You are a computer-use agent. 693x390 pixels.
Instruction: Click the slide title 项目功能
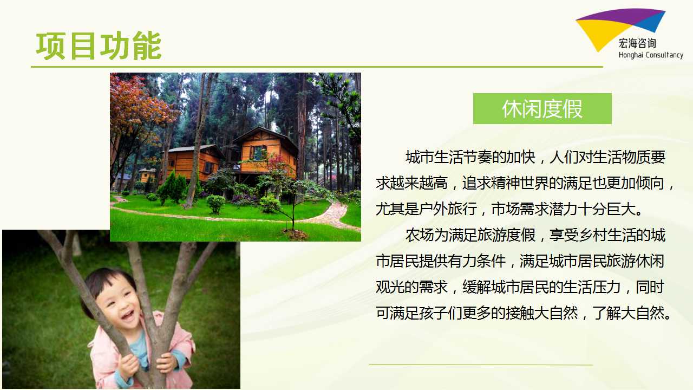[x=99, y=46]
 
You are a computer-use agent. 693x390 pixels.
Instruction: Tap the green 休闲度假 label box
[x=542, y=109]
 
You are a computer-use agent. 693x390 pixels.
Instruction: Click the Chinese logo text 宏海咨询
[x=637, y=43]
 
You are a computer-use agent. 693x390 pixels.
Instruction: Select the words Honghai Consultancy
[x=651, y=55]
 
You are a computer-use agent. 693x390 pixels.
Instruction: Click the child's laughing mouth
[x=128, y=315]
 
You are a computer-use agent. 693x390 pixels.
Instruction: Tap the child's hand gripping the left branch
[x=128, y=367]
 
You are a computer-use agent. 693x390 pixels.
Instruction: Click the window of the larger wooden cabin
[x=258, y=153]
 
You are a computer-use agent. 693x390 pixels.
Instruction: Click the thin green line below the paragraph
[x=481, y=365]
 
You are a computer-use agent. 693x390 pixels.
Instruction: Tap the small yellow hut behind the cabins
[x=147, y=175]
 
